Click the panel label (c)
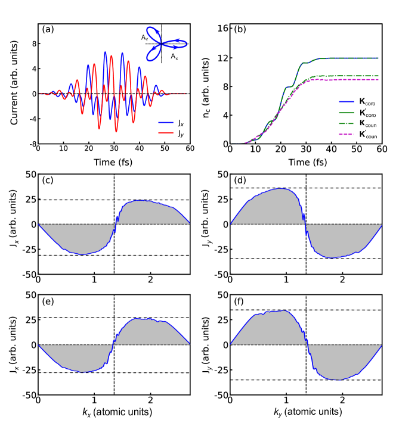[47, 181]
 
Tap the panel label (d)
[240, 181]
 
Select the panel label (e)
[48, 301]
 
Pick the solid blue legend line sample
[346, 102]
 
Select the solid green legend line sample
[346, 113]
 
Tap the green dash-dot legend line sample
[346, 123]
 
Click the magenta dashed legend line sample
[346, 134]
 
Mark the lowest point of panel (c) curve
[82, 254]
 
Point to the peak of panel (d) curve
[281, 188]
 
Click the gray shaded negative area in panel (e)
[78, 357]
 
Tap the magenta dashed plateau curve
[352, 80]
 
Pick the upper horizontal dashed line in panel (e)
[72, 318]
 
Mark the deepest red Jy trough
[116, 132]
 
